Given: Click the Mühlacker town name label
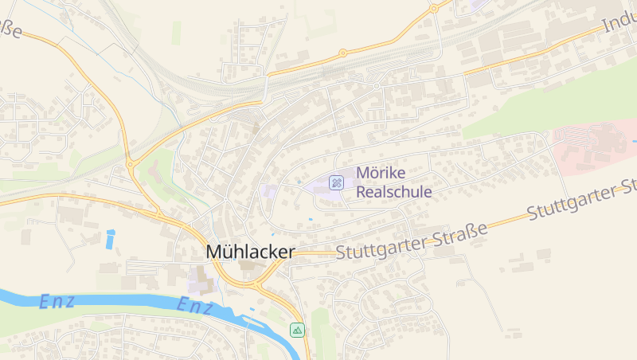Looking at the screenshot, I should [250, 252].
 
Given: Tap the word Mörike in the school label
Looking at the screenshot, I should [381, 173].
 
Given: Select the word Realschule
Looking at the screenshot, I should [393, 192].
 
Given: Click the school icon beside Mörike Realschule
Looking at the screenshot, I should [337, 182].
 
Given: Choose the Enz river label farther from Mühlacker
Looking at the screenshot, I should [57, 301].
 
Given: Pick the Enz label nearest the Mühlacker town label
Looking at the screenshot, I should [194, 306].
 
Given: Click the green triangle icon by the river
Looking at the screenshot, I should [297, 330].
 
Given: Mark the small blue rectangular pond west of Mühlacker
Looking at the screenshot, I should [110, 238].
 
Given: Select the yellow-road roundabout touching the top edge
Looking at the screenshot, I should [434, 9].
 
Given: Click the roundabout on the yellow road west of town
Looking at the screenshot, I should [130, 165].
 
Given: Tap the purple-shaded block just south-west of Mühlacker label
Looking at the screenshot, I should [198, 279].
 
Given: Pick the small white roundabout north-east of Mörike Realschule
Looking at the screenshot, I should [376, 86].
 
